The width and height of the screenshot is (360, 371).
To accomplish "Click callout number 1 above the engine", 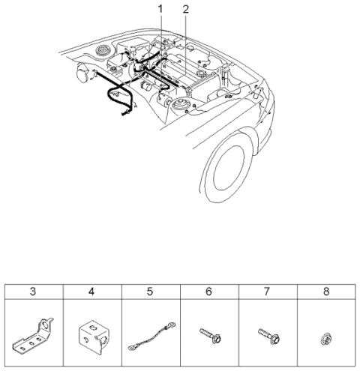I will [160, 8].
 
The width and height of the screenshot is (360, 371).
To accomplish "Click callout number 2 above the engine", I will [185, 8].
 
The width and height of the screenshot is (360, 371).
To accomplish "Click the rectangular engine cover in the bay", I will [180, 75].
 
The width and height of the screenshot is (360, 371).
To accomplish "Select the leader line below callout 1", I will [160, 34].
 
